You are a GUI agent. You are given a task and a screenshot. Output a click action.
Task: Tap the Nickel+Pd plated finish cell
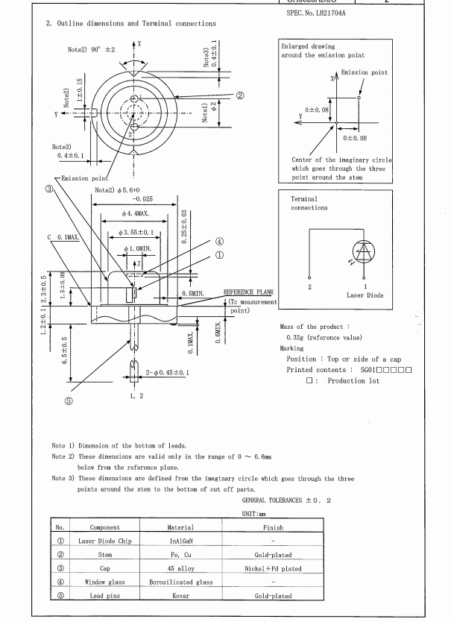pyautogui.click(x=272, y=568)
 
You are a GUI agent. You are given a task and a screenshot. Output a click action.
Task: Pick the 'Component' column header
pyautogui.click(x=104, y=527)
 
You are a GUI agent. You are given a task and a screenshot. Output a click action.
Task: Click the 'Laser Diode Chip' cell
pyautogui.click(x=104, y=541)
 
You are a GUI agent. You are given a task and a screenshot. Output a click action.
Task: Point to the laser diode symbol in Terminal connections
pyautogui.click(x=365, y=253)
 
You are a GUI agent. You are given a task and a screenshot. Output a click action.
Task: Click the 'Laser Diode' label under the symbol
pyautogui.click(x=365, y=295)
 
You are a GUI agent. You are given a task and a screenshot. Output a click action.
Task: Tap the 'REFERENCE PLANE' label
pyautogui.click(x=250, y=292)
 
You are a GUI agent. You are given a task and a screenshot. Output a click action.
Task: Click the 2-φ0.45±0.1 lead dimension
pyautogui.click(x=168, y=371)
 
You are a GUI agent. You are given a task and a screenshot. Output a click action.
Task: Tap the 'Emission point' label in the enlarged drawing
pyautogui.click(x=365, y=72)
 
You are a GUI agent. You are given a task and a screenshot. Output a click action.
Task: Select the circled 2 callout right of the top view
pyautogui.click(x=240, y=95)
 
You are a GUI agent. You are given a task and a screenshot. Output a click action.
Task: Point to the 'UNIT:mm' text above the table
pyautogui.click(x=253, y=515)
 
